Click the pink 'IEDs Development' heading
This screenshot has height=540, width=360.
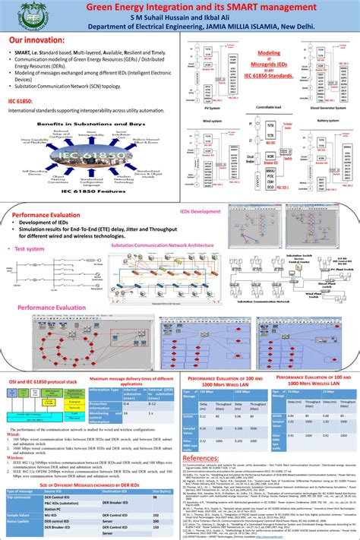click(x=201, y=211)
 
